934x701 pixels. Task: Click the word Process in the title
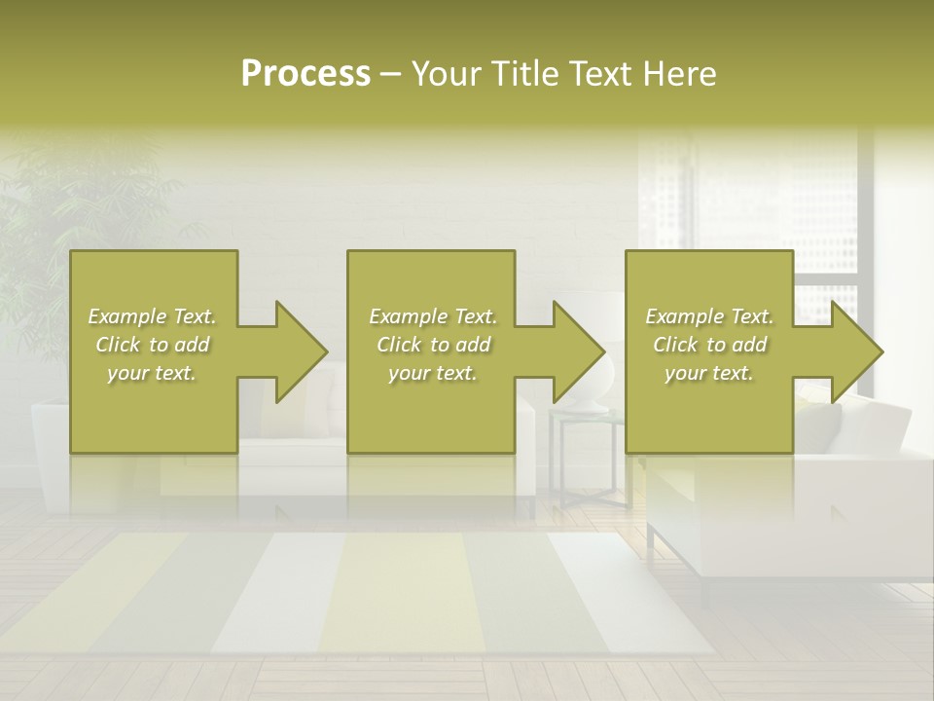tap(305, 74)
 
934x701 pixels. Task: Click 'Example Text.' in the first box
tap(152, 316)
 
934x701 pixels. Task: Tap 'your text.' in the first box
tap(152, 374)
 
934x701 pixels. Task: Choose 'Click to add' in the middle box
tap(433, 345)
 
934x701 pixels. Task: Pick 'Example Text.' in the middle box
tap(433, 316)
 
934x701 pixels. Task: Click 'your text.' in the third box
tap(709, 374)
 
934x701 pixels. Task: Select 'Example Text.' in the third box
tap(709, 316)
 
